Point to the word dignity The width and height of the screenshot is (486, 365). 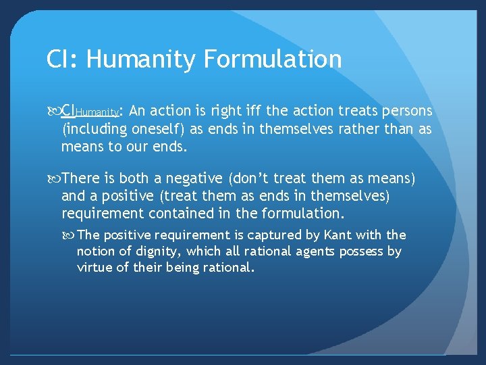point(159,251)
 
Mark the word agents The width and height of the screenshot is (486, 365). point(321,251)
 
